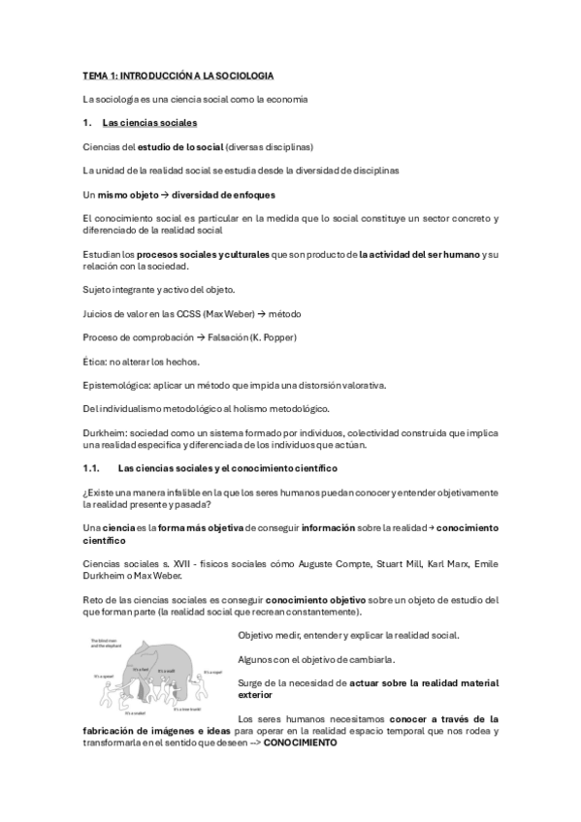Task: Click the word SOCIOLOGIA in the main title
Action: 244,75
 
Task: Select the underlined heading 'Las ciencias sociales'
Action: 149,123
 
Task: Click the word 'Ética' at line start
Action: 95,361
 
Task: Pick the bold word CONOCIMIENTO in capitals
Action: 301,743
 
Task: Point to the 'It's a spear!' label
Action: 104,676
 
